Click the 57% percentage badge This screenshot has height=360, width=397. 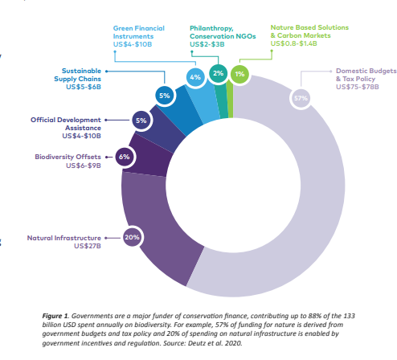point(301,98)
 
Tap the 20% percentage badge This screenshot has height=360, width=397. point(132,237)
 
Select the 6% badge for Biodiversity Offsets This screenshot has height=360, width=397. point(125,157)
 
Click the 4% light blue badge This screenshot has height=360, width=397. point(195,77)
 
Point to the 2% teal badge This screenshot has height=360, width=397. point(219,73)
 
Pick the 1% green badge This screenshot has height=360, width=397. point(239,74)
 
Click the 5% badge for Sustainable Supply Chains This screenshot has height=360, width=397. point(165,96)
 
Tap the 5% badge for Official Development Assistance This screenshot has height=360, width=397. point(141,121)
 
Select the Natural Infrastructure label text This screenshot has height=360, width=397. point(64,238)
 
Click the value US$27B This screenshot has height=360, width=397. point(88,246)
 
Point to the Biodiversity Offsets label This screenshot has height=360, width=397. point(68,157)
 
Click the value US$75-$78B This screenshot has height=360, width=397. point(358,87)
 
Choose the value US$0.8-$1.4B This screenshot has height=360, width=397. point(293,43)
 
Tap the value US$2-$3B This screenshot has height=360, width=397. point(207,44)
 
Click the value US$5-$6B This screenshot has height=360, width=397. point(84,87)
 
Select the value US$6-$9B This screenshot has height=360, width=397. point(84,166)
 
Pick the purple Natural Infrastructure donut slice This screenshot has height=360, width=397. point(155,227)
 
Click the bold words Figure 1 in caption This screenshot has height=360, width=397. point(55,317)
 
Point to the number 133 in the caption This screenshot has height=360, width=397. point(349,316)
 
